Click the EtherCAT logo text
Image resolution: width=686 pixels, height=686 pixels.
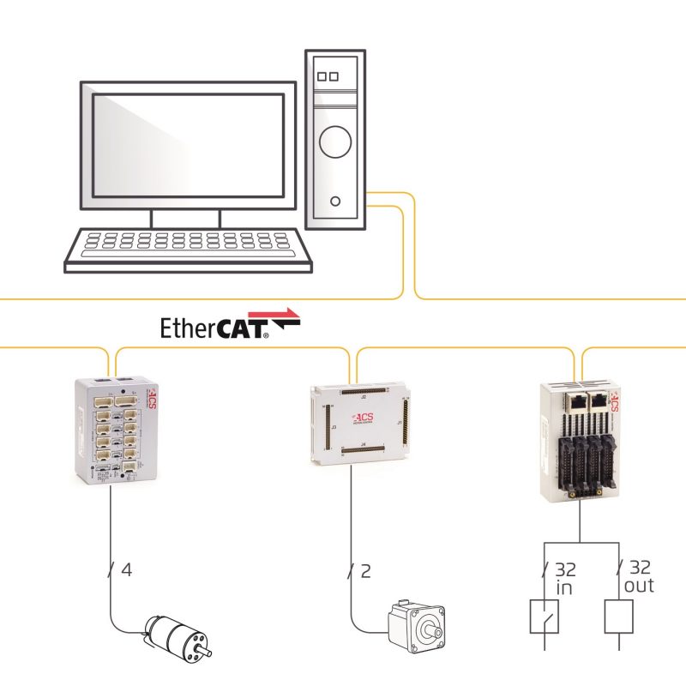(x=214, y=328)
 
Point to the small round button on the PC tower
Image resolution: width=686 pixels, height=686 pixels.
(x=334, y=202)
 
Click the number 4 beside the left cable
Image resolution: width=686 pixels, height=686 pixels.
(x=127, y=569)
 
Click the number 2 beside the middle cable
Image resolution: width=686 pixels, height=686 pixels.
(x=366, y=569)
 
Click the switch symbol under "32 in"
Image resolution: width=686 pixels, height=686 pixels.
(x=545, y=616)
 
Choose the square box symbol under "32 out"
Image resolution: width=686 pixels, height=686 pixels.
(x=618, y=616)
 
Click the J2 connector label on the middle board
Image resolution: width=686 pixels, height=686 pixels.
(x=364, y=399)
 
